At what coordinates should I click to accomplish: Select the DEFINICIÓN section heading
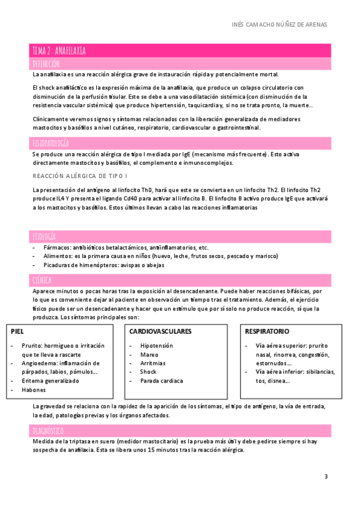[46, 63]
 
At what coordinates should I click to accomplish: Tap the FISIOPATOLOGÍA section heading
[50, 143]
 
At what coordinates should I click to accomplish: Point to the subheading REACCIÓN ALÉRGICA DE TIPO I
[80, 176]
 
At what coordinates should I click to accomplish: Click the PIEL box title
[17, 331]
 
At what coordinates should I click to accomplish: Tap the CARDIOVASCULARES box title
[160, 331]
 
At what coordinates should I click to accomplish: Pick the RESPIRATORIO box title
[267, 331]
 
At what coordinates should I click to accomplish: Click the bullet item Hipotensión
[156, 346]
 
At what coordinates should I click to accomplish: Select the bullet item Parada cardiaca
[162, 381]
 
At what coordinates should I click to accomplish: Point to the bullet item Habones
[34, 390]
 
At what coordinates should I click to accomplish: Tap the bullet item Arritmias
[153, 363]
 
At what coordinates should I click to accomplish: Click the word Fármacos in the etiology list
[56, 248]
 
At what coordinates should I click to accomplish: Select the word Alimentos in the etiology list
[58, 256]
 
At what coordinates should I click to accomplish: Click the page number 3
[326, 477]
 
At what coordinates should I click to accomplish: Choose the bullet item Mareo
[150, 355]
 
